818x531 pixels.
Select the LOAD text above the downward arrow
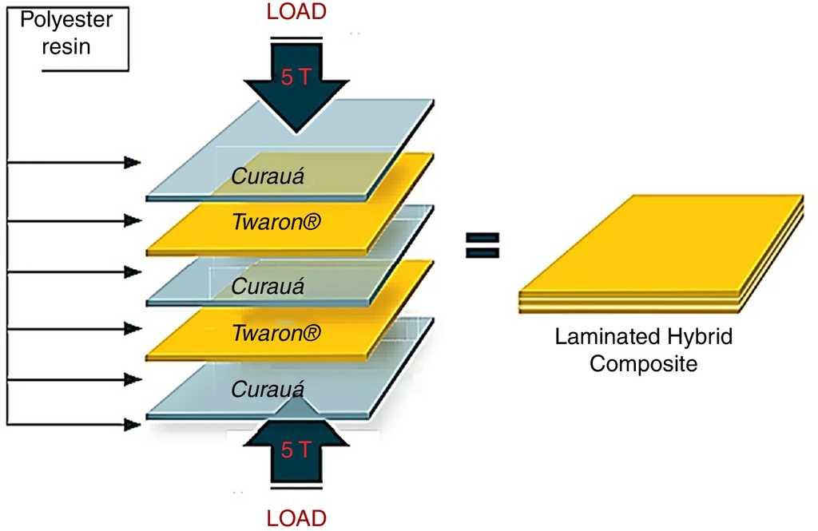coord(296,14)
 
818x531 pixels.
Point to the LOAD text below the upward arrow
coord(296,517)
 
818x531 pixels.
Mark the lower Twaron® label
coord(276,332)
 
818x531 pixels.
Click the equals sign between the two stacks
coord(482,245)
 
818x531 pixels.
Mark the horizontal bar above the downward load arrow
coord(296,37)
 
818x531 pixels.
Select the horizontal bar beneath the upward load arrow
coord(296,485)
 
